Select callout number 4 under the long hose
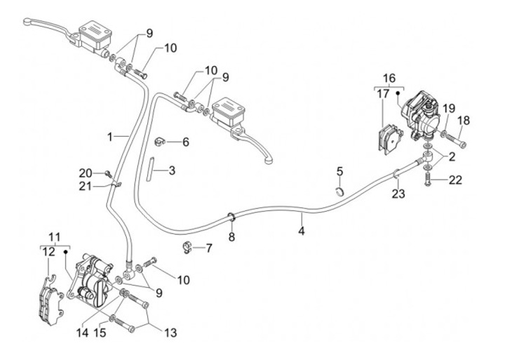[x=302, y=230]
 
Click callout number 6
[x=186, y=142]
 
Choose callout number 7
[x=208, y=248]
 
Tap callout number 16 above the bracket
[x=389, y=77]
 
